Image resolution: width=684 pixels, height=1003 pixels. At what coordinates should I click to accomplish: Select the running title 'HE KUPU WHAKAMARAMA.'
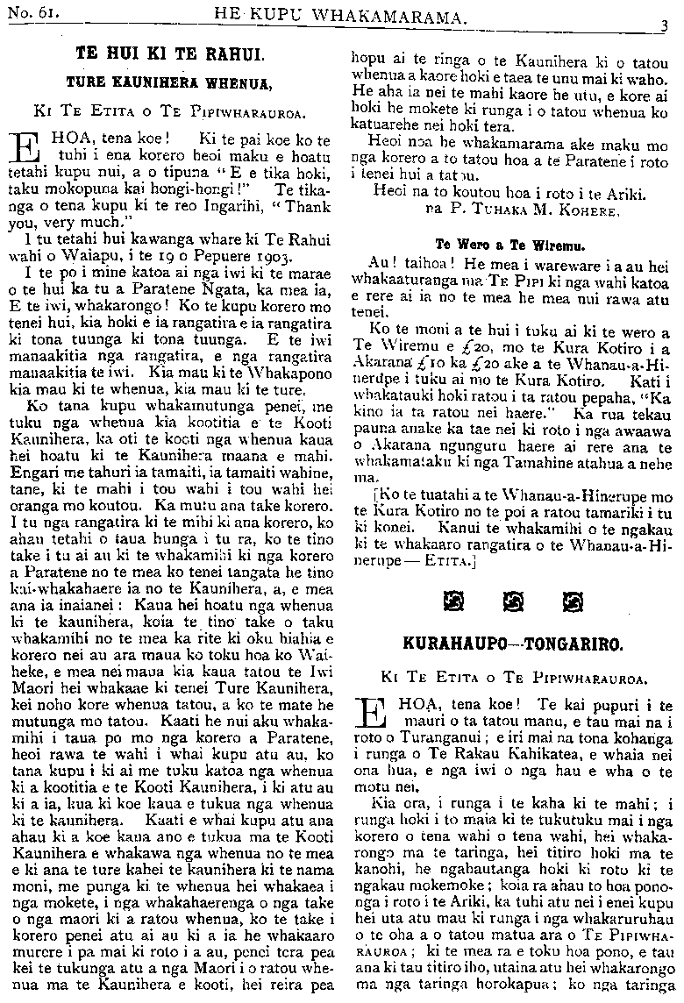pos(343,13)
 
